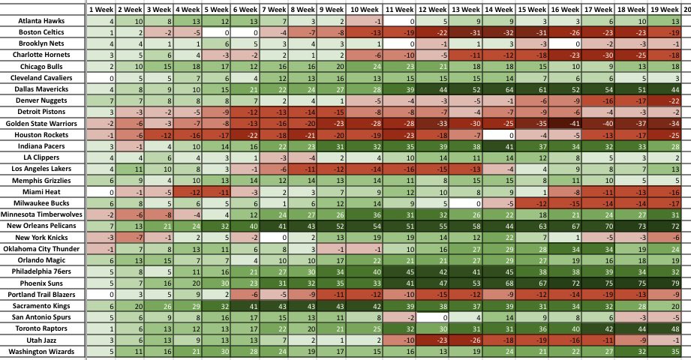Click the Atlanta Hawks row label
pos(41,21)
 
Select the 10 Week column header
pos(364,9)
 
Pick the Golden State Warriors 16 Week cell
pos(566,124)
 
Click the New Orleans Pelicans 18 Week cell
pos(632,226)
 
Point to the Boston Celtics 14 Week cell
pos(499,32)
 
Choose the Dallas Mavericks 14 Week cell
pos(499,89)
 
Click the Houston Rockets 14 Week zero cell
pos(499,135)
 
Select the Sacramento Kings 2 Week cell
pos(130,306)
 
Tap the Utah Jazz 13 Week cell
pos(465,340)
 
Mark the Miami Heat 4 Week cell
pos(188,192)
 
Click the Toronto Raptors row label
pos(41,328)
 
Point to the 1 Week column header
pos(101,9)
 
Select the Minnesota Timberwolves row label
pos(41,214)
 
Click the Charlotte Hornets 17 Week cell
pos(599,55)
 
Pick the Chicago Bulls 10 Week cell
pos(364,67)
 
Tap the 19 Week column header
pos(664,9)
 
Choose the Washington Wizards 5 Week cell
pos(216,352)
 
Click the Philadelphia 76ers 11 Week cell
pos(399,271)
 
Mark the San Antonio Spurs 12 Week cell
pos(432,317)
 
